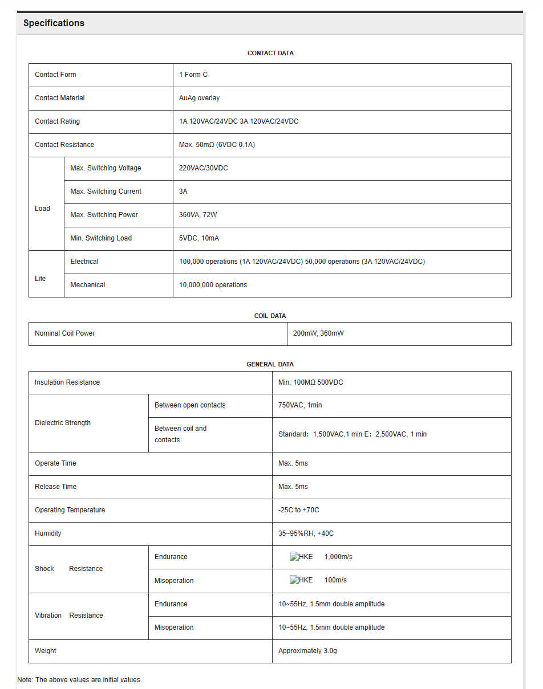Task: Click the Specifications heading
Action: click(x=54, y=23)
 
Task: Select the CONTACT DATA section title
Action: click(x=270, y=53)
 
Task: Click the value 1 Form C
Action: click(x=193, y=75)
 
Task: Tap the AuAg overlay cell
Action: click(x=199, y=98)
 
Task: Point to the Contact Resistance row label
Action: click(x=64, y=145)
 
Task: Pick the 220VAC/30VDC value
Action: click(x=203, y=168)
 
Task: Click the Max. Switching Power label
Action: click(x=104, y=215)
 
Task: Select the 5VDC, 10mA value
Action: click(x=199, y=238)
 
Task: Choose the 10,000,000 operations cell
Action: click(x=213, y=285)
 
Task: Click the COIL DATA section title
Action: click(x=270, y=316)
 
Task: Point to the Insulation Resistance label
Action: click(x=67, y=382)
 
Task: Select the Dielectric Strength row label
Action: click(x=63, y=423)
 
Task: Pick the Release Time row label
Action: click(x=55, y=487)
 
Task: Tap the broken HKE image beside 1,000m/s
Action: click(x=301, y=557)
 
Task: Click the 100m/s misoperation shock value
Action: click(x=335, y=580)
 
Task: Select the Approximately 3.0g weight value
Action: click(x=307, y=651)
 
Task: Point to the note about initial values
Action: click(x=79, y=680)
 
